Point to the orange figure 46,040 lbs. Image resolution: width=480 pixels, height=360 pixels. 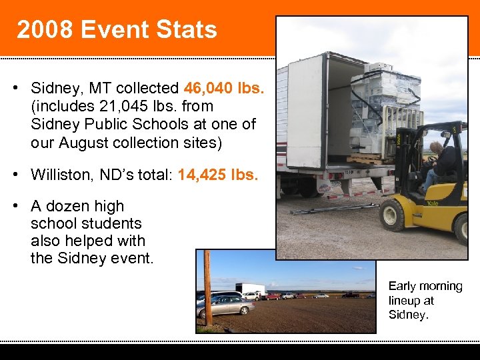click(x=225, y=88)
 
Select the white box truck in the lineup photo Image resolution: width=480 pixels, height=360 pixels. click(x=251, y=289)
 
